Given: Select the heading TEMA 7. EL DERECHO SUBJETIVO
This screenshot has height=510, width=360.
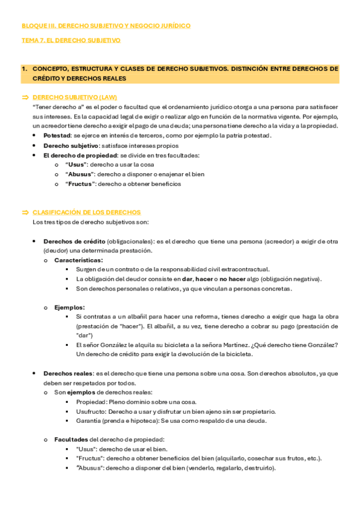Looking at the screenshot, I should point(71,40).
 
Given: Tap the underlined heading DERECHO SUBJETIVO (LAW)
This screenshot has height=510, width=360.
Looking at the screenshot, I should point(75,97).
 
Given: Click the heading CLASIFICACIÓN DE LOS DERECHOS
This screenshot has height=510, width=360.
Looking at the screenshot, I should point(87,212).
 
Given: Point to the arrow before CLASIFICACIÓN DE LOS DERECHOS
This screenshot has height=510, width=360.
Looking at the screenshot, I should point(25,212).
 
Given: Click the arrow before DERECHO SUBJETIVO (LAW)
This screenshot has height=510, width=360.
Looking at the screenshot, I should point(25,97).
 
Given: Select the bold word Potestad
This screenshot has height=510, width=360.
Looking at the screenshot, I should point(56,135).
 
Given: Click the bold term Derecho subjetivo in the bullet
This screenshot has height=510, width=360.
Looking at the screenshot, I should point(70,146).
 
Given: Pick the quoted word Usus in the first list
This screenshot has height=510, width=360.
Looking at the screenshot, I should point(77,165).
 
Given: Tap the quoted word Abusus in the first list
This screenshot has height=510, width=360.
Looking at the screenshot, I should point(81,174).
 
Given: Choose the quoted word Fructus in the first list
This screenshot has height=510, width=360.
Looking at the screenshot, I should point(81,184).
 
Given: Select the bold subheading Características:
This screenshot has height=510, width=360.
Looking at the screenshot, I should point(78,260).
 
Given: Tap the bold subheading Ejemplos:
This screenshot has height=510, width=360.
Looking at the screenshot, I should point(69,307).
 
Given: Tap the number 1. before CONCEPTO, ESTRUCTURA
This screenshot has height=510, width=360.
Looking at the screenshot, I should point(25,69).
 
